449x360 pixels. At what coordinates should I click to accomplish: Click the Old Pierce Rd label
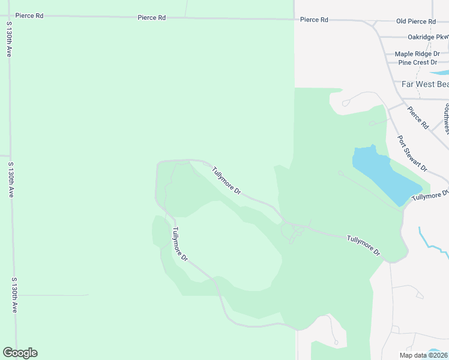pyautogui.click(x=415, y=21)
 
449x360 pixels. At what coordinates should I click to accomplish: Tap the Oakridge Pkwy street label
pyautogui.click(x=427, y=37)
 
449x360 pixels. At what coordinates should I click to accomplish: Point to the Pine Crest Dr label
pyautogui.click(x=417, y=62)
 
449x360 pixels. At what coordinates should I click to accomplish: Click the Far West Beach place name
pyautogui.click(x=425, y=85)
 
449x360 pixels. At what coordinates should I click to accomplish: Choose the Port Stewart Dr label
pyautogui.click(x=412, y=152)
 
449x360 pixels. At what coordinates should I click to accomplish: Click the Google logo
pyautogui.click(x=20, y=353)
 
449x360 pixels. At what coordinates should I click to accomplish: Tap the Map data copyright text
pyautogui.click(x=423, y=355)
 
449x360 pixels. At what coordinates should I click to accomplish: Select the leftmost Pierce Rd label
pyautogui.click(x=29, y=16)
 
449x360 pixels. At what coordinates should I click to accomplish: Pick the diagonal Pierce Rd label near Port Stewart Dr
pyautogui.click(x=417, y=118)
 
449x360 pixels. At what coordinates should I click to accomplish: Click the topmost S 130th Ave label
pyautogui.click(x=10, y=40)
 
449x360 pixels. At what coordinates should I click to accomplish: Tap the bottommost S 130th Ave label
pyautogui.click(x=14, y=295)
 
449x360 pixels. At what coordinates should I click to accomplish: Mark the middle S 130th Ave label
pyautogui.click(x=11, y=179)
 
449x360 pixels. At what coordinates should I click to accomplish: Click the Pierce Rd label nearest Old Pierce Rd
pyautogui.click(x=314, y=20)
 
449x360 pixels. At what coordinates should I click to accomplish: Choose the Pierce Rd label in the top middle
pyautogui.click(x=151, y=18)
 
